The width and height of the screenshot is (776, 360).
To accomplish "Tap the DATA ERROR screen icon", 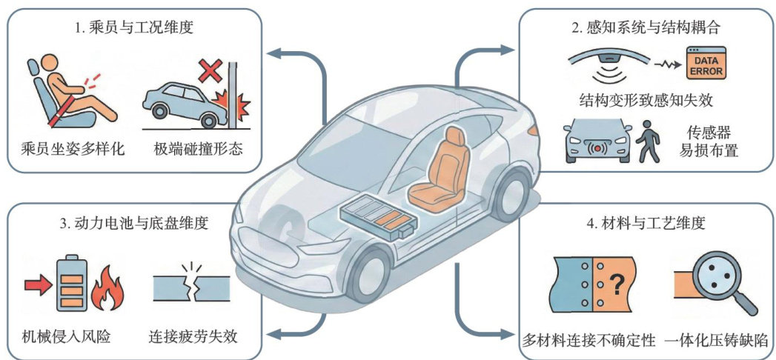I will point(706,63).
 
